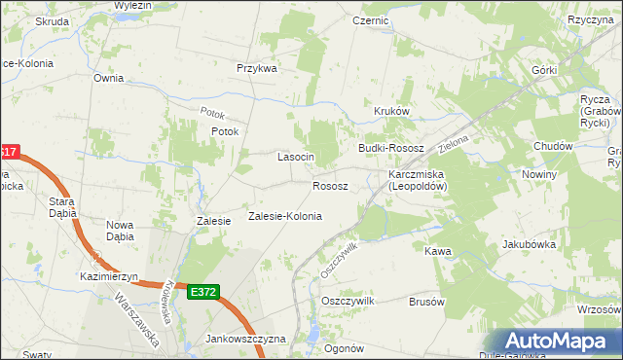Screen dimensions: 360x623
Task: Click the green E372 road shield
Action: [x=204, y=292]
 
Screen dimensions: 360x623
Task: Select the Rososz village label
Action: [x=330, y=185]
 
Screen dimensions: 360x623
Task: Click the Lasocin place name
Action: [x=295, y=157]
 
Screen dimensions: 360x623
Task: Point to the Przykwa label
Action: [x=257, y=68]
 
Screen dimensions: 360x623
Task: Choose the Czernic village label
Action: [x=371, y=19]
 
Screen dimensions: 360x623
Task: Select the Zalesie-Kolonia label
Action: [x=285, y=216]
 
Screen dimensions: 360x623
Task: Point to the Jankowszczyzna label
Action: [x=245, y=339]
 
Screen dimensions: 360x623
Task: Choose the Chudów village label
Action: [x=553, y=146]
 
